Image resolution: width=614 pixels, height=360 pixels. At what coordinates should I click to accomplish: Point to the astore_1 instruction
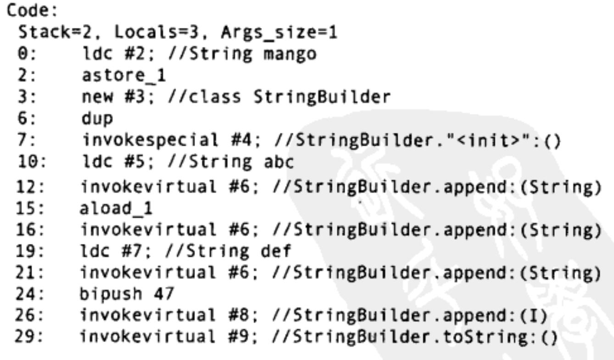tap(116, 75)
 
